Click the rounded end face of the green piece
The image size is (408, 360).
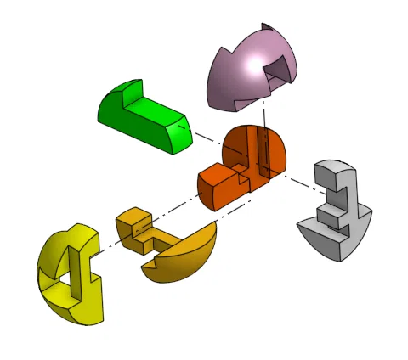point(179,137)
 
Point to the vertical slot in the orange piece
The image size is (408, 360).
point(264,153)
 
